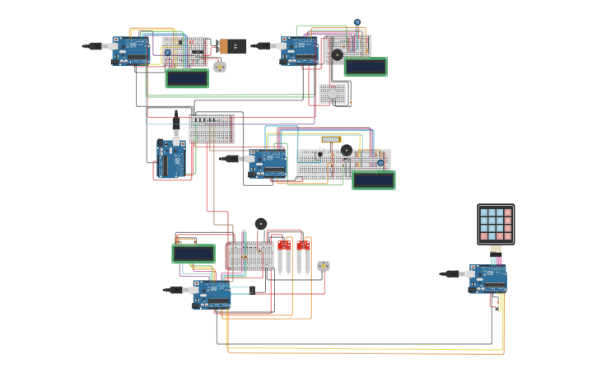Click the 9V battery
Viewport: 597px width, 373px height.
(x=233, y=47)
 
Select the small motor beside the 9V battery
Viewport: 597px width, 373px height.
(x=219, y=67)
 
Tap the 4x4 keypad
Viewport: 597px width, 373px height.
(x=496, y=224)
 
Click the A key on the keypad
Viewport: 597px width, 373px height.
(x=508, y=212)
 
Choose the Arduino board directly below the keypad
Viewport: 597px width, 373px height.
(x=487, y=278)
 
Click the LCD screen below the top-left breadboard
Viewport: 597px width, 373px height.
(x=187, y=78)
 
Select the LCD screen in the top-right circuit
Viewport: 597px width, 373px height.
(x=366, y=67)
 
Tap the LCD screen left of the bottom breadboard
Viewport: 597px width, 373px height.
(x=194, y=254)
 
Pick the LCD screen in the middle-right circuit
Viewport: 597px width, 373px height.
(x=373, y=180)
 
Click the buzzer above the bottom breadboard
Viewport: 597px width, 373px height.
(x=261, y=223)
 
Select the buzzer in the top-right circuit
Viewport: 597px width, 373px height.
(x=337, y=55)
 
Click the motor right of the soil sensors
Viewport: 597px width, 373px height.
(x=324, y=266)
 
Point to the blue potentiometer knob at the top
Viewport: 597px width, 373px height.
(x=357, y=22)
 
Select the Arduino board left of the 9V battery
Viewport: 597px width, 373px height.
(x=130, y=50)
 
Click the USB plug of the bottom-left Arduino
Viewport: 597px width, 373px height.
(x=175, y=290)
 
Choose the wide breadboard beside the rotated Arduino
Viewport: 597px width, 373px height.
(x=212, y=128)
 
